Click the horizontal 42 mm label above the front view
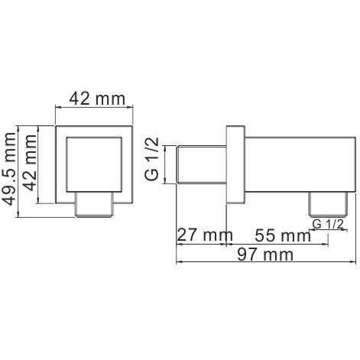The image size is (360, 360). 96,97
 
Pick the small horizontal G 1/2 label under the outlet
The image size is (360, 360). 328,224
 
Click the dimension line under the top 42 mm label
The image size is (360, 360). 96,109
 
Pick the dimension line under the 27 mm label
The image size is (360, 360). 203,245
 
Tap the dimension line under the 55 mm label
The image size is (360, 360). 279,245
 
